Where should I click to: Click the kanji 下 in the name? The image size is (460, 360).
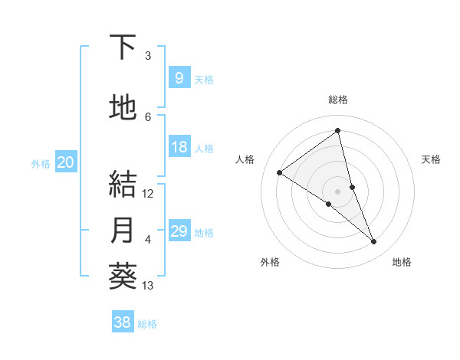click(x=123, y=47)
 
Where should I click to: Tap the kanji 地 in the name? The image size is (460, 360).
click(x=123, y=108)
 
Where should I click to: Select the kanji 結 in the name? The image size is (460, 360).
click(x=123, y=184)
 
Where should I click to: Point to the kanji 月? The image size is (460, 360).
click(x=123, y=230)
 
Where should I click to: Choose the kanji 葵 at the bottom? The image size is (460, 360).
click(x=123, y=276)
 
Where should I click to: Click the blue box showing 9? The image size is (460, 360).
click(x=179, y=78)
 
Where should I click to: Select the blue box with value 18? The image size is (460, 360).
click(x=179, y=147)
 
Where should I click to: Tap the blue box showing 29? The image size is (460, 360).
click(x=179, y=231)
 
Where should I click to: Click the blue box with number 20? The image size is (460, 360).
click(x=66, y=162)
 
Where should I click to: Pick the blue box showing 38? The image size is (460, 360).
click(x=122, y=322)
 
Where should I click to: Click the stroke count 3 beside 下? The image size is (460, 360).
click(x=148, y=56)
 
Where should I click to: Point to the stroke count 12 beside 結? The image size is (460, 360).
click(x=148, y=193)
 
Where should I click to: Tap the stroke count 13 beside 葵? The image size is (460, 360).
click(x=148, y=286)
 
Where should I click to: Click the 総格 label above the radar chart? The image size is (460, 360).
click(x=338, y=100)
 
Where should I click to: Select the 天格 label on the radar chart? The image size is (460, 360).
click(x=432, y=159)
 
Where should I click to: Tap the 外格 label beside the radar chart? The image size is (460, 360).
click(x=270, y=262)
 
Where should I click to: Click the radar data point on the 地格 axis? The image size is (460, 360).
click(x=374, y=242)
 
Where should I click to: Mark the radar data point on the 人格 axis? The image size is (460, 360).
click(x=280, y=172)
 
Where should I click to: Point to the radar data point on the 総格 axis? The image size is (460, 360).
click(x=338, y=131)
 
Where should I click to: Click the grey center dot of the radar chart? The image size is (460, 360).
click(x=338, y=191)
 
